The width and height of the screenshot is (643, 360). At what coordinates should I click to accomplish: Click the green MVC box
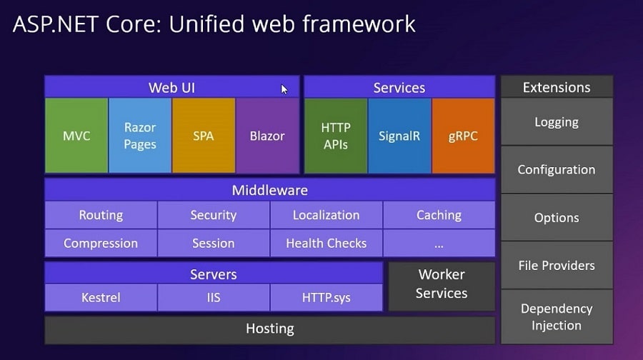coord(76,136)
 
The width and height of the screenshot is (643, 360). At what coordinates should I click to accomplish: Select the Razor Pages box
coord(140,136)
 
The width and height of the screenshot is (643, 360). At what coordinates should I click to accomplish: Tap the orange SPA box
coord(204,136)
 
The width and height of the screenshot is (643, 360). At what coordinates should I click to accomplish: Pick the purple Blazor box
coord(267,136)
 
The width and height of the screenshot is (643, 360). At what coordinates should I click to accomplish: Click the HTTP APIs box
coord(336,136)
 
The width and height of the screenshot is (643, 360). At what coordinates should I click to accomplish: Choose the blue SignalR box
coord(399,136)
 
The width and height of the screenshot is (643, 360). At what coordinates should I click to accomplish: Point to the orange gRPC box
coord(463,136)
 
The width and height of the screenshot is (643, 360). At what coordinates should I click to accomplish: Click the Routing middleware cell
coord(101,215)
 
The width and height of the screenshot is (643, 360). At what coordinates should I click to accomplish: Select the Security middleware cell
coord(214,215)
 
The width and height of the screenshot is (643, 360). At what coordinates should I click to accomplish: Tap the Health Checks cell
coord(326,243)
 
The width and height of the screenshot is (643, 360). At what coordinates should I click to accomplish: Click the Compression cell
coord(101,243)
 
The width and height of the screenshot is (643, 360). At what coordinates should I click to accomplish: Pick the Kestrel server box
coord(101,297)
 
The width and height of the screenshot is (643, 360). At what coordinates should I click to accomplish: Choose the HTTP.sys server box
coord(326,297)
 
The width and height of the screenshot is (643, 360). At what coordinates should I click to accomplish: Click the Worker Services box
coord(442,284)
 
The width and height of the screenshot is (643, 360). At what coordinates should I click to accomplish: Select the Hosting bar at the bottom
coord(270,329)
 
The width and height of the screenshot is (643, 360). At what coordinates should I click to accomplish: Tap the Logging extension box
coord(557,122)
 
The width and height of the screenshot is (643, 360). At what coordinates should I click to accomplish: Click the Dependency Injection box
coord(557,317)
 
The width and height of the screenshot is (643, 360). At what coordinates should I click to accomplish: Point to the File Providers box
coord(557,265)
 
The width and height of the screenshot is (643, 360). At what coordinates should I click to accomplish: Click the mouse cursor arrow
coord(284,89)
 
